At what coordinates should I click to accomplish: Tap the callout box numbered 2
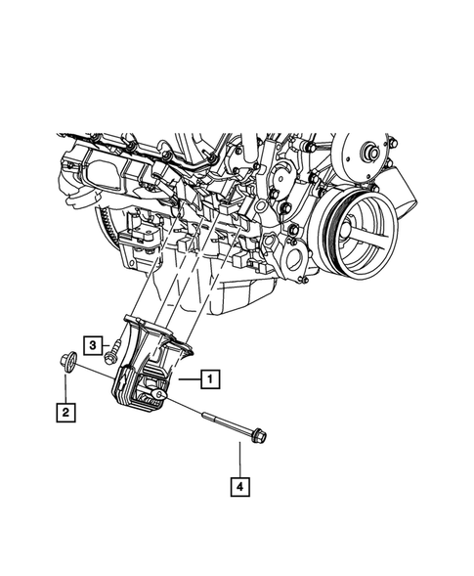point(65,414)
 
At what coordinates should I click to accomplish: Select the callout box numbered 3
point(92,344)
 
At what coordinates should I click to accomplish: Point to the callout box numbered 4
point(238,483)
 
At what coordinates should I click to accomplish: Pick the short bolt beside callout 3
point(114,347)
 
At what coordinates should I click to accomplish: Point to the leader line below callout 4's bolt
point(238,459)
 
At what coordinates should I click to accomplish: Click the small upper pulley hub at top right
point(369,155)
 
